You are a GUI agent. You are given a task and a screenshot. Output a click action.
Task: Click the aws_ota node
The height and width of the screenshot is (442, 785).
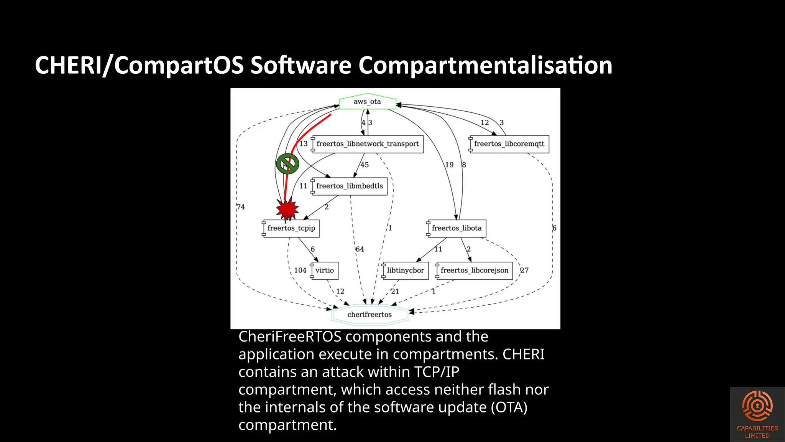click(x=367, y=102)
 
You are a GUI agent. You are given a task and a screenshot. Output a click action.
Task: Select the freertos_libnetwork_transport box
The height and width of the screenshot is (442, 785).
click(x=368, y=144)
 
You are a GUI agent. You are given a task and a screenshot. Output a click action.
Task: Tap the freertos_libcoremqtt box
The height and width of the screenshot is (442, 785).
click(x=509, y=144)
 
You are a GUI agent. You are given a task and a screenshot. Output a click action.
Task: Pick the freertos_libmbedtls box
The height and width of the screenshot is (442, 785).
click(x=349, y=186)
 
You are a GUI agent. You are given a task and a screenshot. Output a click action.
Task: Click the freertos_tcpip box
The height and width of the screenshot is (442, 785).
click(x=291, y=228)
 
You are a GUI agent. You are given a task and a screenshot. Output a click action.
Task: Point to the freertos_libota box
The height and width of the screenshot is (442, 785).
click(x=457, y=228)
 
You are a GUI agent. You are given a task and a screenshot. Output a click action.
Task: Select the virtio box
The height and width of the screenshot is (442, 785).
click(x=325, y=270)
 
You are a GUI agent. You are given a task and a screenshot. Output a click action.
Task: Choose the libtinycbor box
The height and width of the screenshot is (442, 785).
click(x=405, y=270)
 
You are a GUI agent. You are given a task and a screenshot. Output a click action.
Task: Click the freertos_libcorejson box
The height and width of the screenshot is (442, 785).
click(x=474, y=270)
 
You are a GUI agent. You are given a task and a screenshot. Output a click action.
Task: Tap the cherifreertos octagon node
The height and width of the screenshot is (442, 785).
click(x=370, y=315)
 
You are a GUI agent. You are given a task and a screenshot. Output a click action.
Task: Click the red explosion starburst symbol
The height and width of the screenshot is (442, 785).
click(x=287, y=209)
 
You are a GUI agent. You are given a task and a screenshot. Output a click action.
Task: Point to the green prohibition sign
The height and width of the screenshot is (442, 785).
click(x=287, y=164)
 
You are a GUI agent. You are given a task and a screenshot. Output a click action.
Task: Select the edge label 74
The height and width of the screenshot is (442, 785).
click(x=241, y=207)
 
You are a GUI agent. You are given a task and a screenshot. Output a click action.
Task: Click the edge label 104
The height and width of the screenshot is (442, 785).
click(x=300, y=270)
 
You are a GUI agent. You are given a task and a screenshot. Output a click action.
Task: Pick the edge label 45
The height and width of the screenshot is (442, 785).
click(x=365, y=165)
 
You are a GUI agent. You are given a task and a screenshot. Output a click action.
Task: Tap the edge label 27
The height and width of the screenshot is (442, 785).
click(x=524, y=270)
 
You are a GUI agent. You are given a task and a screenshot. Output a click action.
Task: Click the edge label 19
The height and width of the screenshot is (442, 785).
click(x=449, y=165)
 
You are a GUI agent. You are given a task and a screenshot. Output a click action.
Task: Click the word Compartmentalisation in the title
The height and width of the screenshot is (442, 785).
click(x=485, y=65)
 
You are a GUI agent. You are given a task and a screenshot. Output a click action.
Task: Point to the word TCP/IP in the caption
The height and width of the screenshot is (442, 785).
click(x=437, y=372)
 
